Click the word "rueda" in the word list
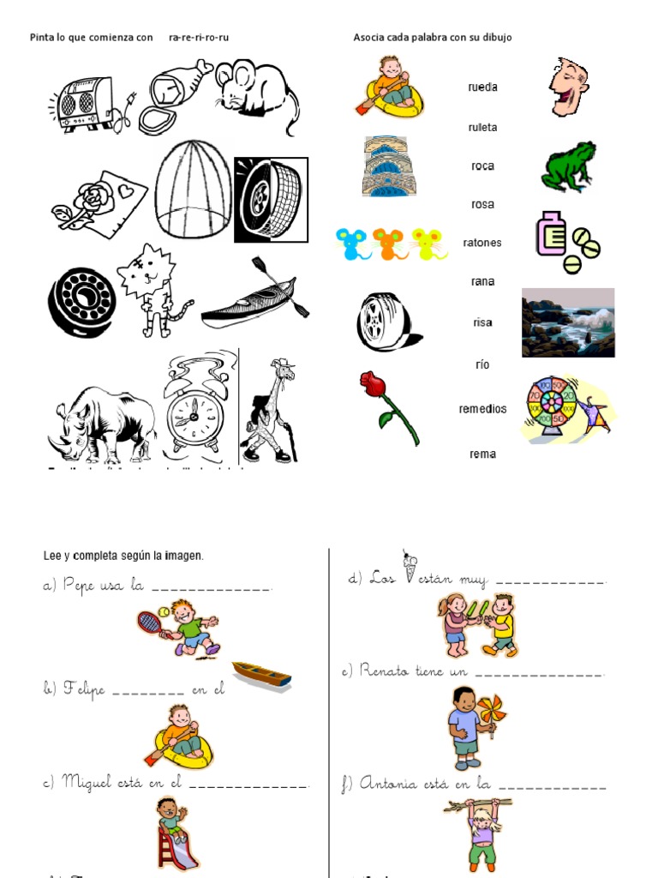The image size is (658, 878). click(x=482, y=87)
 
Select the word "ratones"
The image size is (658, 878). click(x=482, y=243)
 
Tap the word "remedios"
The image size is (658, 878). click(x=482, y=409)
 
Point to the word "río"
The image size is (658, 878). click(x=482, y=364)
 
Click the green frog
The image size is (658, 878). click(x=568, y=166)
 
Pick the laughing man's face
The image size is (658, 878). click(x=567, y=87)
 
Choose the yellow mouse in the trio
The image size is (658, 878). click(x=428, y=243)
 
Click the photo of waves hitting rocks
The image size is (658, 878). click(x=568, y=322)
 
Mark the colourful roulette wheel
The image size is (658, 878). click(x=553, y=407)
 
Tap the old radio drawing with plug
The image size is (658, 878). click(x=86, y=103)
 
